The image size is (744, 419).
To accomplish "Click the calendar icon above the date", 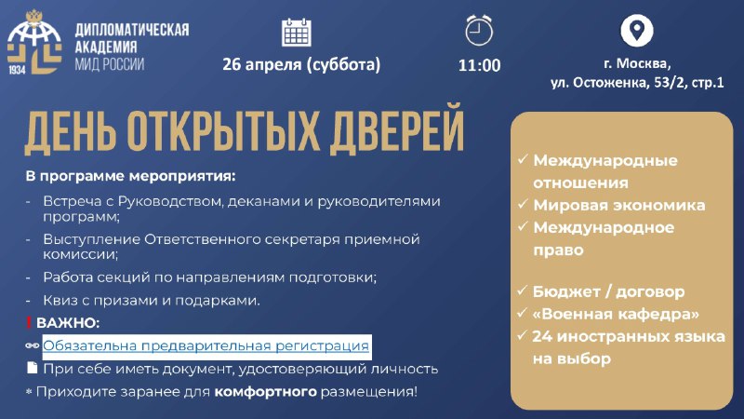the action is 296,33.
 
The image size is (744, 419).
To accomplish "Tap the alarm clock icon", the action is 479,31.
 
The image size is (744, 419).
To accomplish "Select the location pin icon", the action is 637,31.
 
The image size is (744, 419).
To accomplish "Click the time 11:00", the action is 479,65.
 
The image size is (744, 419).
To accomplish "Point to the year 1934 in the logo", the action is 17,70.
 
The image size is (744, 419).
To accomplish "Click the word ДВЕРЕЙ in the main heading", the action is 397,129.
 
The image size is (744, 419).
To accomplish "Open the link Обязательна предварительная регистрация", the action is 206,345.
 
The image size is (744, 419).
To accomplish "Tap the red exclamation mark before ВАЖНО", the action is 29,323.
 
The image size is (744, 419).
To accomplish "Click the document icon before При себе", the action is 32,367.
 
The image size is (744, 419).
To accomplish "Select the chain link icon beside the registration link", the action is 32,345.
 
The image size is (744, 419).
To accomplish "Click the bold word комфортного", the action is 265,392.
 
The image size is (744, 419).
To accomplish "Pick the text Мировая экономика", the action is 619,205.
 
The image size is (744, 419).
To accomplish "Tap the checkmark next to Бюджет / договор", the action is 522,290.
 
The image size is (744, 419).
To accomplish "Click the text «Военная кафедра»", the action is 616,314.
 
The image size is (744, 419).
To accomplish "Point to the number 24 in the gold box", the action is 541,336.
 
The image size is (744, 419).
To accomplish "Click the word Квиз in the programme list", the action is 58,300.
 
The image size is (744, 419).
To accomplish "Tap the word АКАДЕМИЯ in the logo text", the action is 106,47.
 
